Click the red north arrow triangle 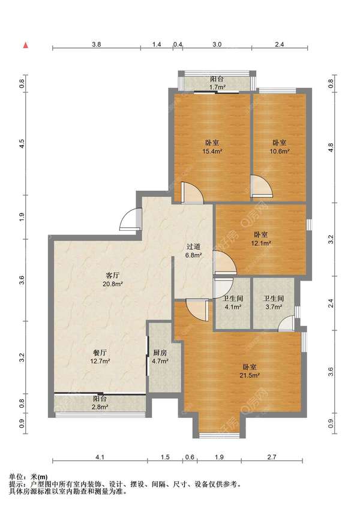pos(25,46)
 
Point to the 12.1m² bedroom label pos(260,239)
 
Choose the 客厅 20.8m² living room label pos(112,279)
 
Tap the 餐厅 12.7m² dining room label pos(100,357)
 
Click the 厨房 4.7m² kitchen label pos(160,357)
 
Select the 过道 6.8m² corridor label pos(194,251)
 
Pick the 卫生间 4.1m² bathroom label pos(233,302)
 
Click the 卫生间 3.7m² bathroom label pos(274,302)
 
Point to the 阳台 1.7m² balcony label pos(217,83)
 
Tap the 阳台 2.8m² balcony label pos(100,402)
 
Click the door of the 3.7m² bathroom pos(287,323)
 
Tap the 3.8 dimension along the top pos(97,44)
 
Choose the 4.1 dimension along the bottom pos(100,457)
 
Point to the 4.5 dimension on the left pos(22,144)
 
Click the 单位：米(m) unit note pos(28,477)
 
